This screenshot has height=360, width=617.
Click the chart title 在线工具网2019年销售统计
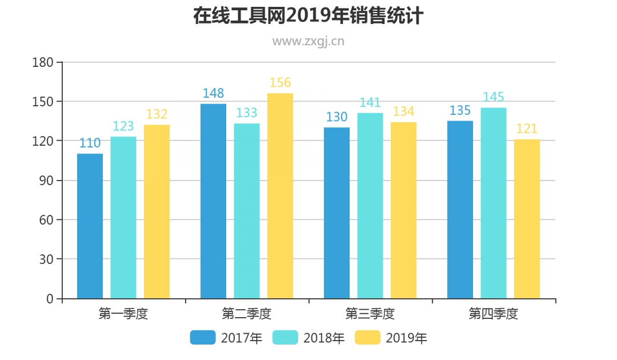coord(308,16)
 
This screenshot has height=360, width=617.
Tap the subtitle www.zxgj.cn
coord(308,41)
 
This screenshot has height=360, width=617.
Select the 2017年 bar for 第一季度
coord(90,226)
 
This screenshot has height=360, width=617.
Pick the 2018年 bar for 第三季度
coord(370,206)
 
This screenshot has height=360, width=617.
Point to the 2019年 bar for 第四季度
coord(527,219)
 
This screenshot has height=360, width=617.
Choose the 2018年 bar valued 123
coord(123,217)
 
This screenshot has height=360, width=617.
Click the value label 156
coord(280,83)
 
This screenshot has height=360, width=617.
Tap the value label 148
coord(213,93)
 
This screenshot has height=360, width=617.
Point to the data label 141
coord(370,103)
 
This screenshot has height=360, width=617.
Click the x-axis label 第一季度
coord(123,314)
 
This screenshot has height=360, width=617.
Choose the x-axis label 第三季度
coord(370,314)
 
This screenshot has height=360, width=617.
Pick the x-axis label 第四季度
coord(494,314)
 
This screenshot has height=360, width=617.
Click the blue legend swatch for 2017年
coord(203,338)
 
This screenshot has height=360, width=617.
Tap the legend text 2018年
coord(324,338)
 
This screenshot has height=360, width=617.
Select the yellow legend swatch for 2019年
coord(367,338)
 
